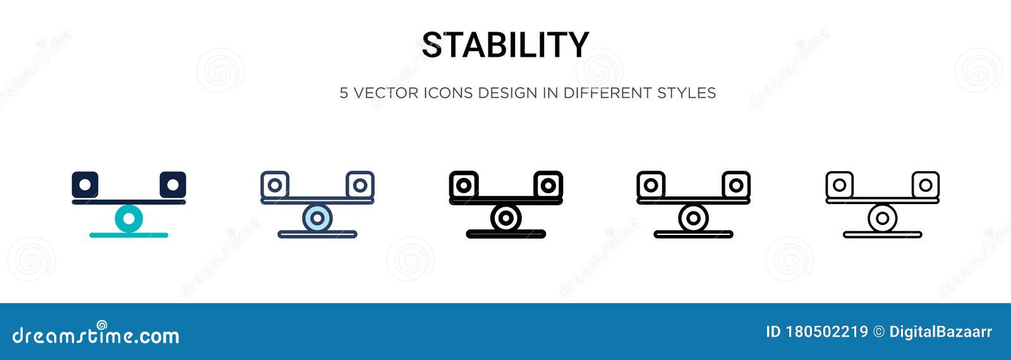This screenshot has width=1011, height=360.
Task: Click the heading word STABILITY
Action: click(x=505, y=45)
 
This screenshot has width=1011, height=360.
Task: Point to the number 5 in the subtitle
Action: click(x=344, y=93)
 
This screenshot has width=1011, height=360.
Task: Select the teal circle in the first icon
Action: click(x=129, y=219)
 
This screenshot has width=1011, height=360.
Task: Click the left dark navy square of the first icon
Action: click(x=85, y=184)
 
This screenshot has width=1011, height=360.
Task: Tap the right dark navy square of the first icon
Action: click(x=173, y=184)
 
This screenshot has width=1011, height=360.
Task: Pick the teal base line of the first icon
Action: click(x=129, y=235)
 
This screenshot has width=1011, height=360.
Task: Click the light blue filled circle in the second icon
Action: click(x=317, y=219)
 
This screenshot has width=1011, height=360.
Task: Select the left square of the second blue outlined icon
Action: click(x=275, y=184)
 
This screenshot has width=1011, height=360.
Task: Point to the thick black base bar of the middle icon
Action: click(x=505, y=234)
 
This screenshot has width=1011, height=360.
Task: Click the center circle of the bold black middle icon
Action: click(x=505, y=219)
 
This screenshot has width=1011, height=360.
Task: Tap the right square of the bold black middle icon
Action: click(x=548, y=184)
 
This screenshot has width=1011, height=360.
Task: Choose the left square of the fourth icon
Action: click(x=651, y=184)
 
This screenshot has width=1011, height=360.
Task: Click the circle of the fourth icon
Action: click(x=693, y=219)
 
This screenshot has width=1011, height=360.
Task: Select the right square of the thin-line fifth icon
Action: click(x=925, y=184)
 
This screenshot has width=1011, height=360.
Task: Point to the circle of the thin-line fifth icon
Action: click(x=882, y=219)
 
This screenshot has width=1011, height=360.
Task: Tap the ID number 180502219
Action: click(x=826, y=332)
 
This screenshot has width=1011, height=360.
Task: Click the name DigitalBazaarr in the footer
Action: click(x=940, y=332)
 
